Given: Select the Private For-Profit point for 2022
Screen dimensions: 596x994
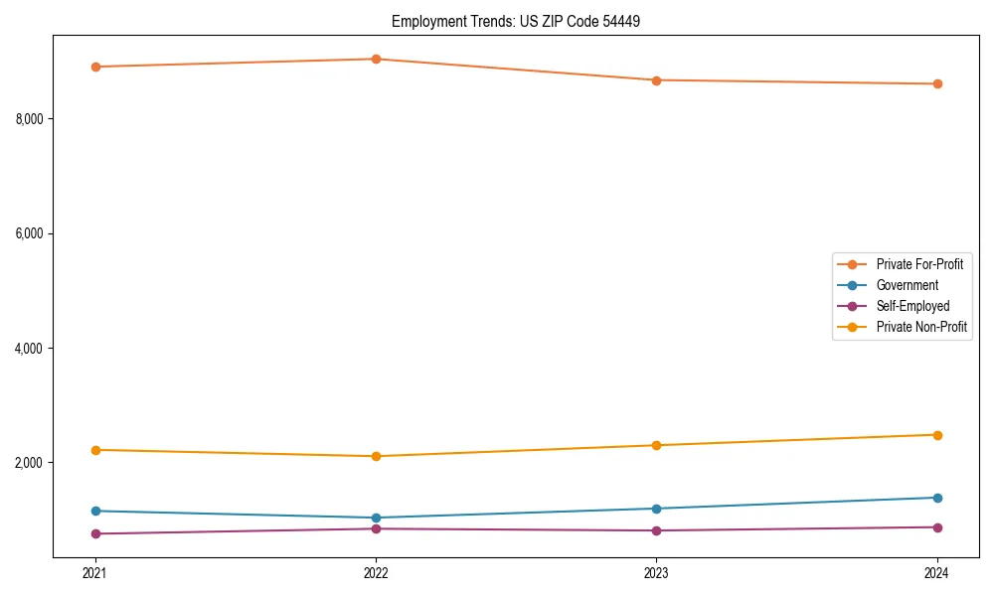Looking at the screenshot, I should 376,59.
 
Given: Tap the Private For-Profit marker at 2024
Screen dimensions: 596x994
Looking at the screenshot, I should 937,83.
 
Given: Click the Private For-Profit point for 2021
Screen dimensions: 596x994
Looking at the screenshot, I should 95,67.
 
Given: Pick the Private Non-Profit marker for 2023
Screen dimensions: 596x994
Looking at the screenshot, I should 657,445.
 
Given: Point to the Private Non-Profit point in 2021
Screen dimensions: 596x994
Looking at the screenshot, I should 95,450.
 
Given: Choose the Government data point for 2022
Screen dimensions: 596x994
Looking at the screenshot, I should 376,518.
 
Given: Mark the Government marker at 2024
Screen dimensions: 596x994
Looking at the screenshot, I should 937,498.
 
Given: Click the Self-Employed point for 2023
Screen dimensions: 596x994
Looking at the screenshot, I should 657,530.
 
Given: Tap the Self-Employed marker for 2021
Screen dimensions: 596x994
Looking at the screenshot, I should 95,533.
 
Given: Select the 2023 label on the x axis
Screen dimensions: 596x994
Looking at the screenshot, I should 657,573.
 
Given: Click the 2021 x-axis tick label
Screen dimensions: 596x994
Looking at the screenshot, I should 95,573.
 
